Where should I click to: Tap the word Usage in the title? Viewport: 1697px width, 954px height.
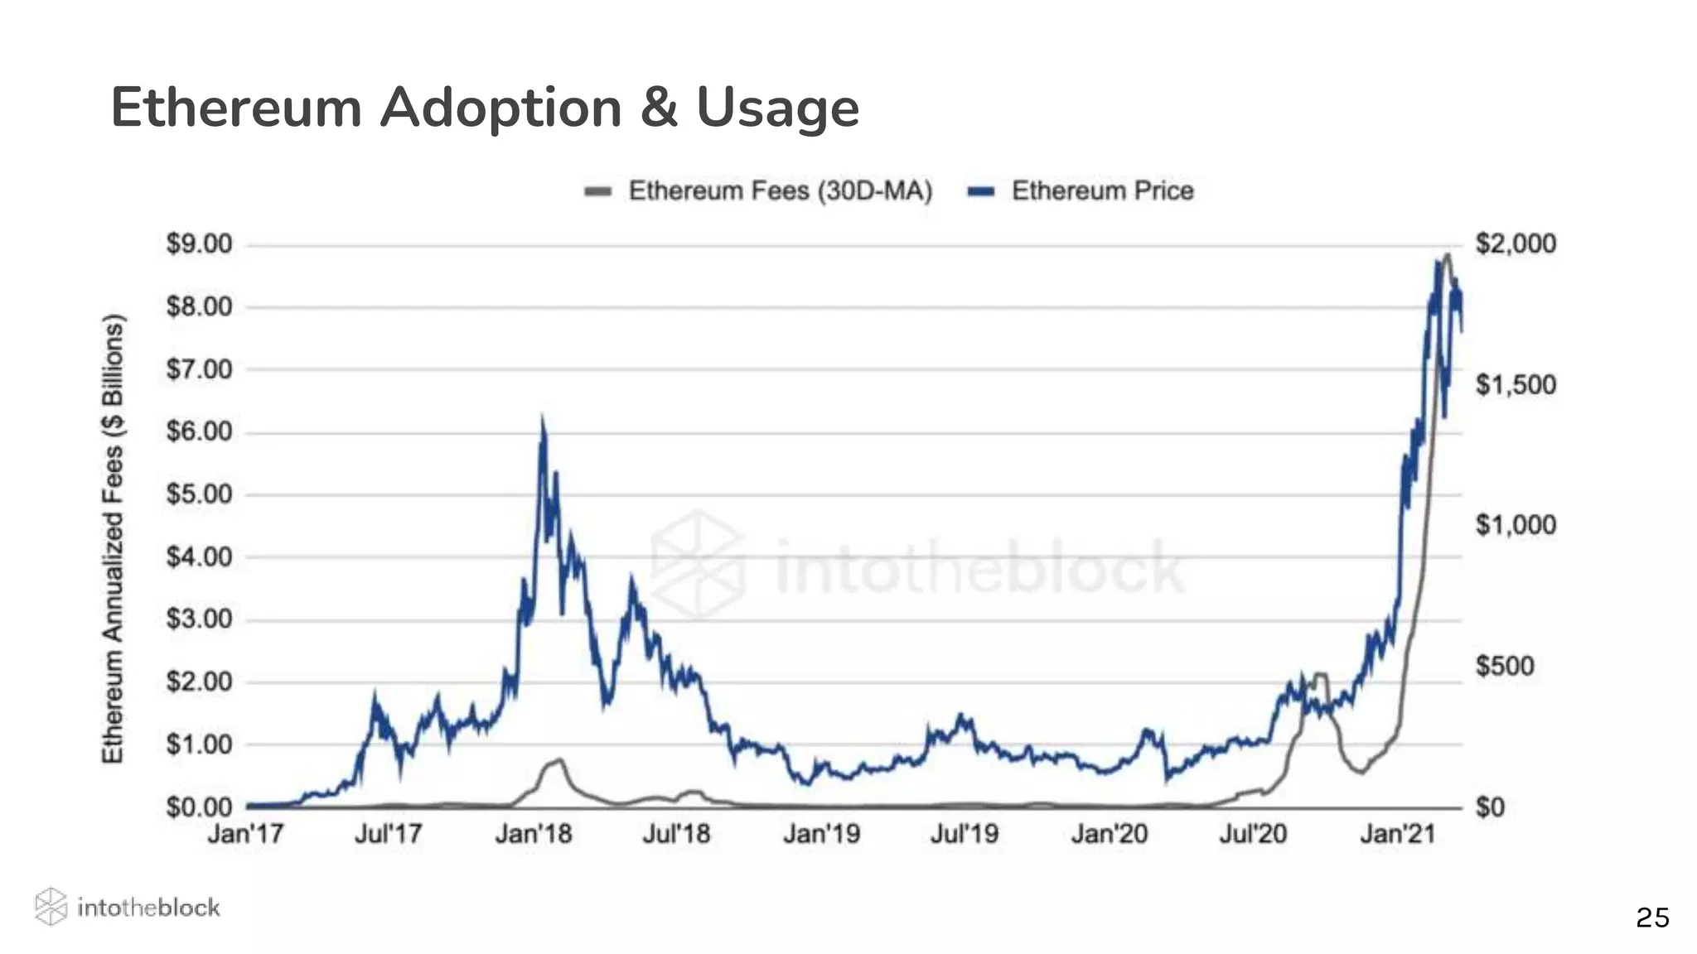click(777, 108)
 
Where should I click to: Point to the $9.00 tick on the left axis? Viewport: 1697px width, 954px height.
click(199, 244)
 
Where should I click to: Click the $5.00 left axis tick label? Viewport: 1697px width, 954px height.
click(199, 494)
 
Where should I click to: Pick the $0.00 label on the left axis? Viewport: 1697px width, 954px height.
click(199, 807)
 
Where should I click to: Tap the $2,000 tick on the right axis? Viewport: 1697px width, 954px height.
click(1516, 244)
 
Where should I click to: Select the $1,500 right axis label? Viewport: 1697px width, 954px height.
click(1516, 385)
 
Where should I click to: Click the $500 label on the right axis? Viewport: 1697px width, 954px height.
click(1505, 666)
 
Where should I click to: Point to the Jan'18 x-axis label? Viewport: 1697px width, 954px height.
click(534, 833)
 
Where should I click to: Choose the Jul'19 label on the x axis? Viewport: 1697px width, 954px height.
click(964, 833)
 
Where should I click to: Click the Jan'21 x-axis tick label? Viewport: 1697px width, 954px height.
click(1398, 833)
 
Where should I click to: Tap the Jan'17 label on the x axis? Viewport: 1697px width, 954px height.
click(245, 833)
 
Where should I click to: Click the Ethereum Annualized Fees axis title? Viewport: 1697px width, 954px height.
click(113, 538)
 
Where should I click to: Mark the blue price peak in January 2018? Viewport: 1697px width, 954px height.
click(543, 421)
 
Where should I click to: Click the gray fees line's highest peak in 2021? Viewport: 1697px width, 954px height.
click(1447, 255)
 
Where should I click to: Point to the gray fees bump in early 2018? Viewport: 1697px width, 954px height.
click(559, 760)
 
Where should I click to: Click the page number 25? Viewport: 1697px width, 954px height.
click(1652, 918)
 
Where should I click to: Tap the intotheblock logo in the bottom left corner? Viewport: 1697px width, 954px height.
click(128, 907)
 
